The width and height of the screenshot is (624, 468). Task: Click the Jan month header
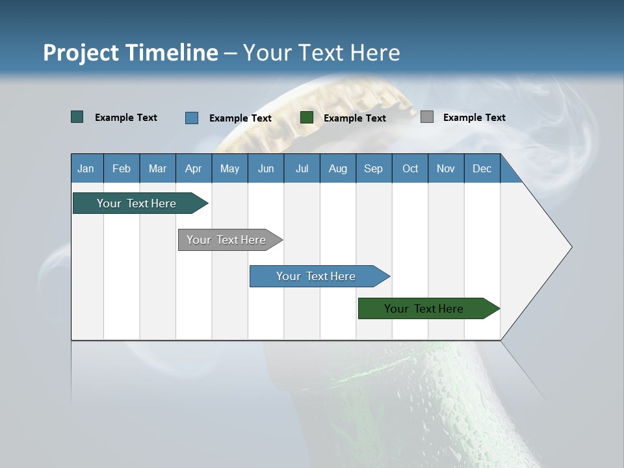point(86,169)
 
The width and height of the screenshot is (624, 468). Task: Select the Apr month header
point(193,169)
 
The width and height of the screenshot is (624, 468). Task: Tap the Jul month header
point(302,169)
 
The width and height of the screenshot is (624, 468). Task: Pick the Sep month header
point(373,169)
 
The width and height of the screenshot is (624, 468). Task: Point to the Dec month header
point(482,169)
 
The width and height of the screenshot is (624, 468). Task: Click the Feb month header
point(122,169)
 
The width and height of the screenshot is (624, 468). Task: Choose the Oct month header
point(410,169)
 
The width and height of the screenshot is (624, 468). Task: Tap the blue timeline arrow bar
point(317,276)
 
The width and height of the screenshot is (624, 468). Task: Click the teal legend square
point(77,117)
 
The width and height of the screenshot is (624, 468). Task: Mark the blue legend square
point(192,118)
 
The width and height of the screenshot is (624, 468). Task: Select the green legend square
point(307,118)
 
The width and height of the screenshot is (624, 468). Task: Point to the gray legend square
point(427,117)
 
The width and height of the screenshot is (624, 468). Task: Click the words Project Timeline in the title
point(130,53)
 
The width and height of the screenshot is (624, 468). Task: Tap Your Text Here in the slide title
point(322,53)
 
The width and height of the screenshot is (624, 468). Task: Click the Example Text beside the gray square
point(474,118)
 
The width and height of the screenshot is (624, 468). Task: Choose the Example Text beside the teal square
point(126,118)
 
